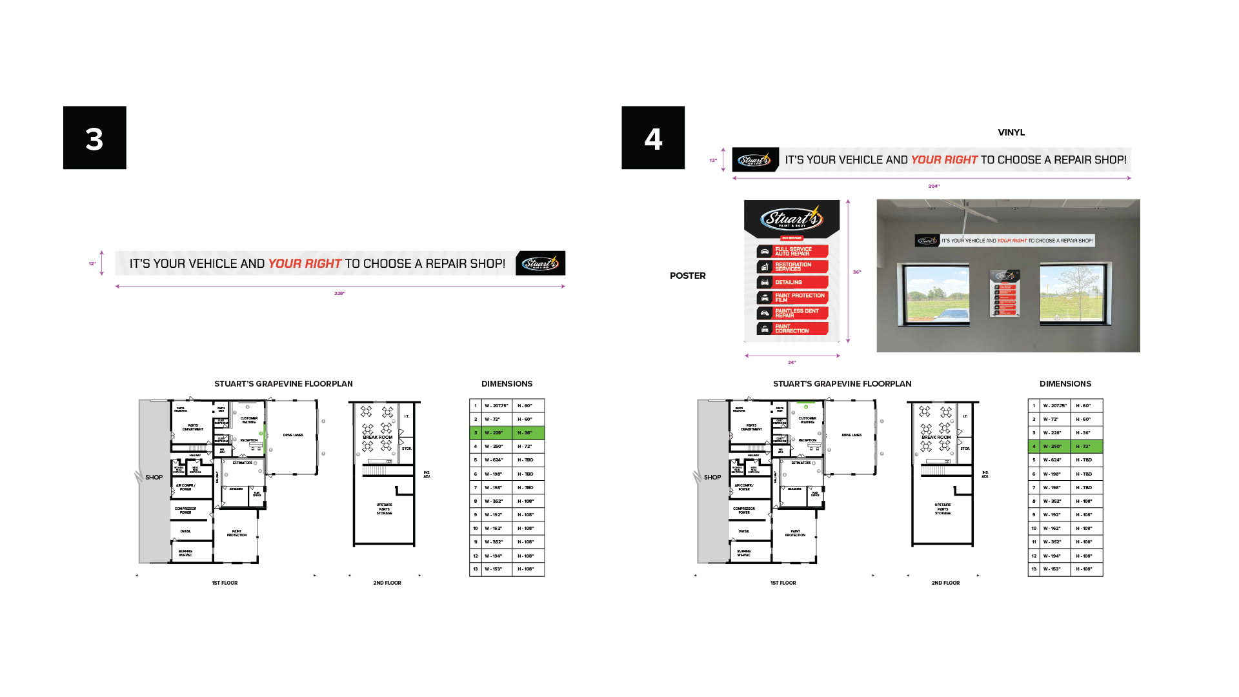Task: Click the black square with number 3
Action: [95, 137]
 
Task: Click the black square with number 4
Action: [653, 137]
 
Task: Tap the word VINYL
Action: [1011, 132]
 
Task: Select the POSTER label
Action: [687, 276]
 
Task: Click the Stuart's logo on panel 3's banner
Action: [540, 263]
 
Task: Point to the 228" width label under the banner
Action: [339, 294]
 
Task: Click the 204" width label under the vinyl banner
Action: [934, 187]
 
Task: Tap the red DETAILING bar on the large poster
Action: [792, 282]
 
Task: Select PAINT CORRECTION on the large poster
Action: [792, 328]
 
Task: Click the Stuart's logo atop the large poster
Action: [792, 218]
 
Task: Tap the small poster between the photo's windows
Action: [1005, 294]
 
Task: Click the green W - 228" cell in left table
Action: [494, 433]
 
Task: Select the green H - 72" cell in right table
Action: [1086, 447]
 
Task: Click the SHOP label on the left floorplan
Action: [154, 478]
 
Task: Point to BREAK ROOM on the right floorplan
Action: [936, 438]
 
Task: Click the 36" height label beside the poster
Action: [857, 272]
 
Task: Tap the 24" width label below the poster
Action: [792, 363]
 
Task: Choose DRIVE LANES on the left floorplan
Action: [293, 435]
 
